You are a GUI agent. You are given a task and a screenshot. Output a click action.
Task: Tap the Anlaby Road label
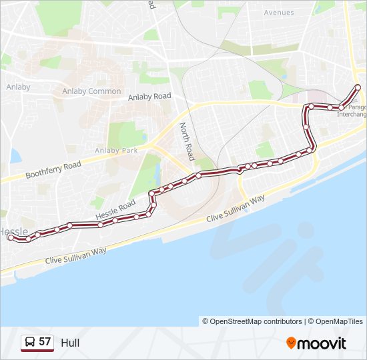tap(149, 97)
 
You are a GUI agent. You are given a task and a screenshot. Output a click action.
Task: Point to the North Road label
tap(186, 141)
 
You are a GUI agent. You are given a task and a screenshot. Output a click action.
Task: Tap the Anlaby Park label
tap(116, 151)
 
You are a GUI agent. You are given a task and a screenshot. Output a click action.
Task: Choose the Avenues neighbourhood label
tap(278, 13)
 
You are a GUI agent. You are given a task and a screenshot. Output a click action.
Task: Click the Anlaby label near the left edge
tap(18, 87)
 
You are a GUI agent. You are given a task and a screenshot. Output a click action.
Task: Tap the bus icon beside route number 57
tap(29, 342)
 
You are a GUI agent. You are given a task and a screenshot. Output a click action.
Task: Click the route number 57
tap(45, 342)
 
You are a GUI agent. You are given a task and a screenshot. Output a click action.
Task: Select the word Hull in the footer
tap(70, 343)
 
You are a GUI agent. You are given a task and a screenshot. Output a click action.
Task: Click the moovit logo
tap(316, 343)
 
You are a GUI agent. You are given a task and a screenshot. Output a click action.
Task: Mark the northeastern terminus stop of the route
tap(358, 87)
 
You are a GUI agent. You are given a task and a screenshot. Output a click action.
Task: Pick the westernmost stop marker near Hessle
tap(10, 237)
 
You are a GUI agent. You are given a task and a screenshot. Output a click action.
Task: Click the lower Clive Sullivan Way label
tap(75, 255)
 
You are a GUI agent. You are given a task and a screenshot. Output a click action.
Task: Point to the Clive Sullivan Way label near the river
tap(236, 209)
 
